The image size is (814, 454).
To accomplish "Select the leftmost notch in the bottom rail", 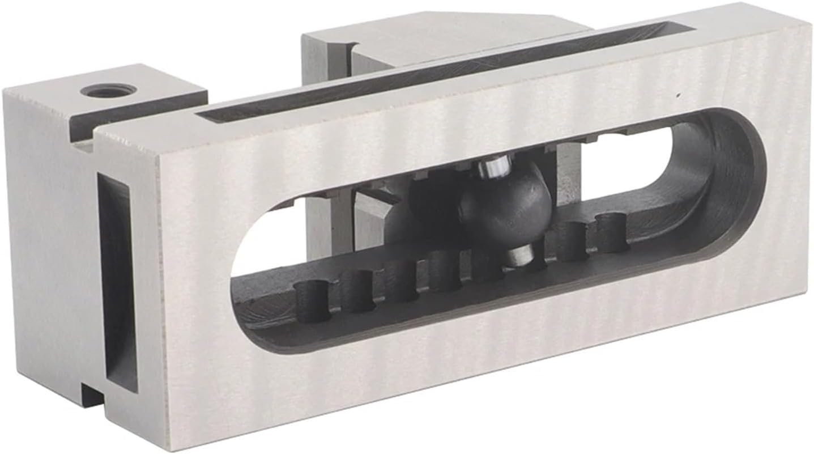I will point(312,300).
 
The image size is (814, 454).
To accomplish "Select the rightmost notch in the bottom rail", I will point(612,231).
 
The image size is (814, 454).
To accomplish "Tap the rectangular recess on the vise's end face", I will point(117,283).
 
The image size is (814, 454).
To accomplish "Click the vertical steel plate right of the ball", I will point(566,176).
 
